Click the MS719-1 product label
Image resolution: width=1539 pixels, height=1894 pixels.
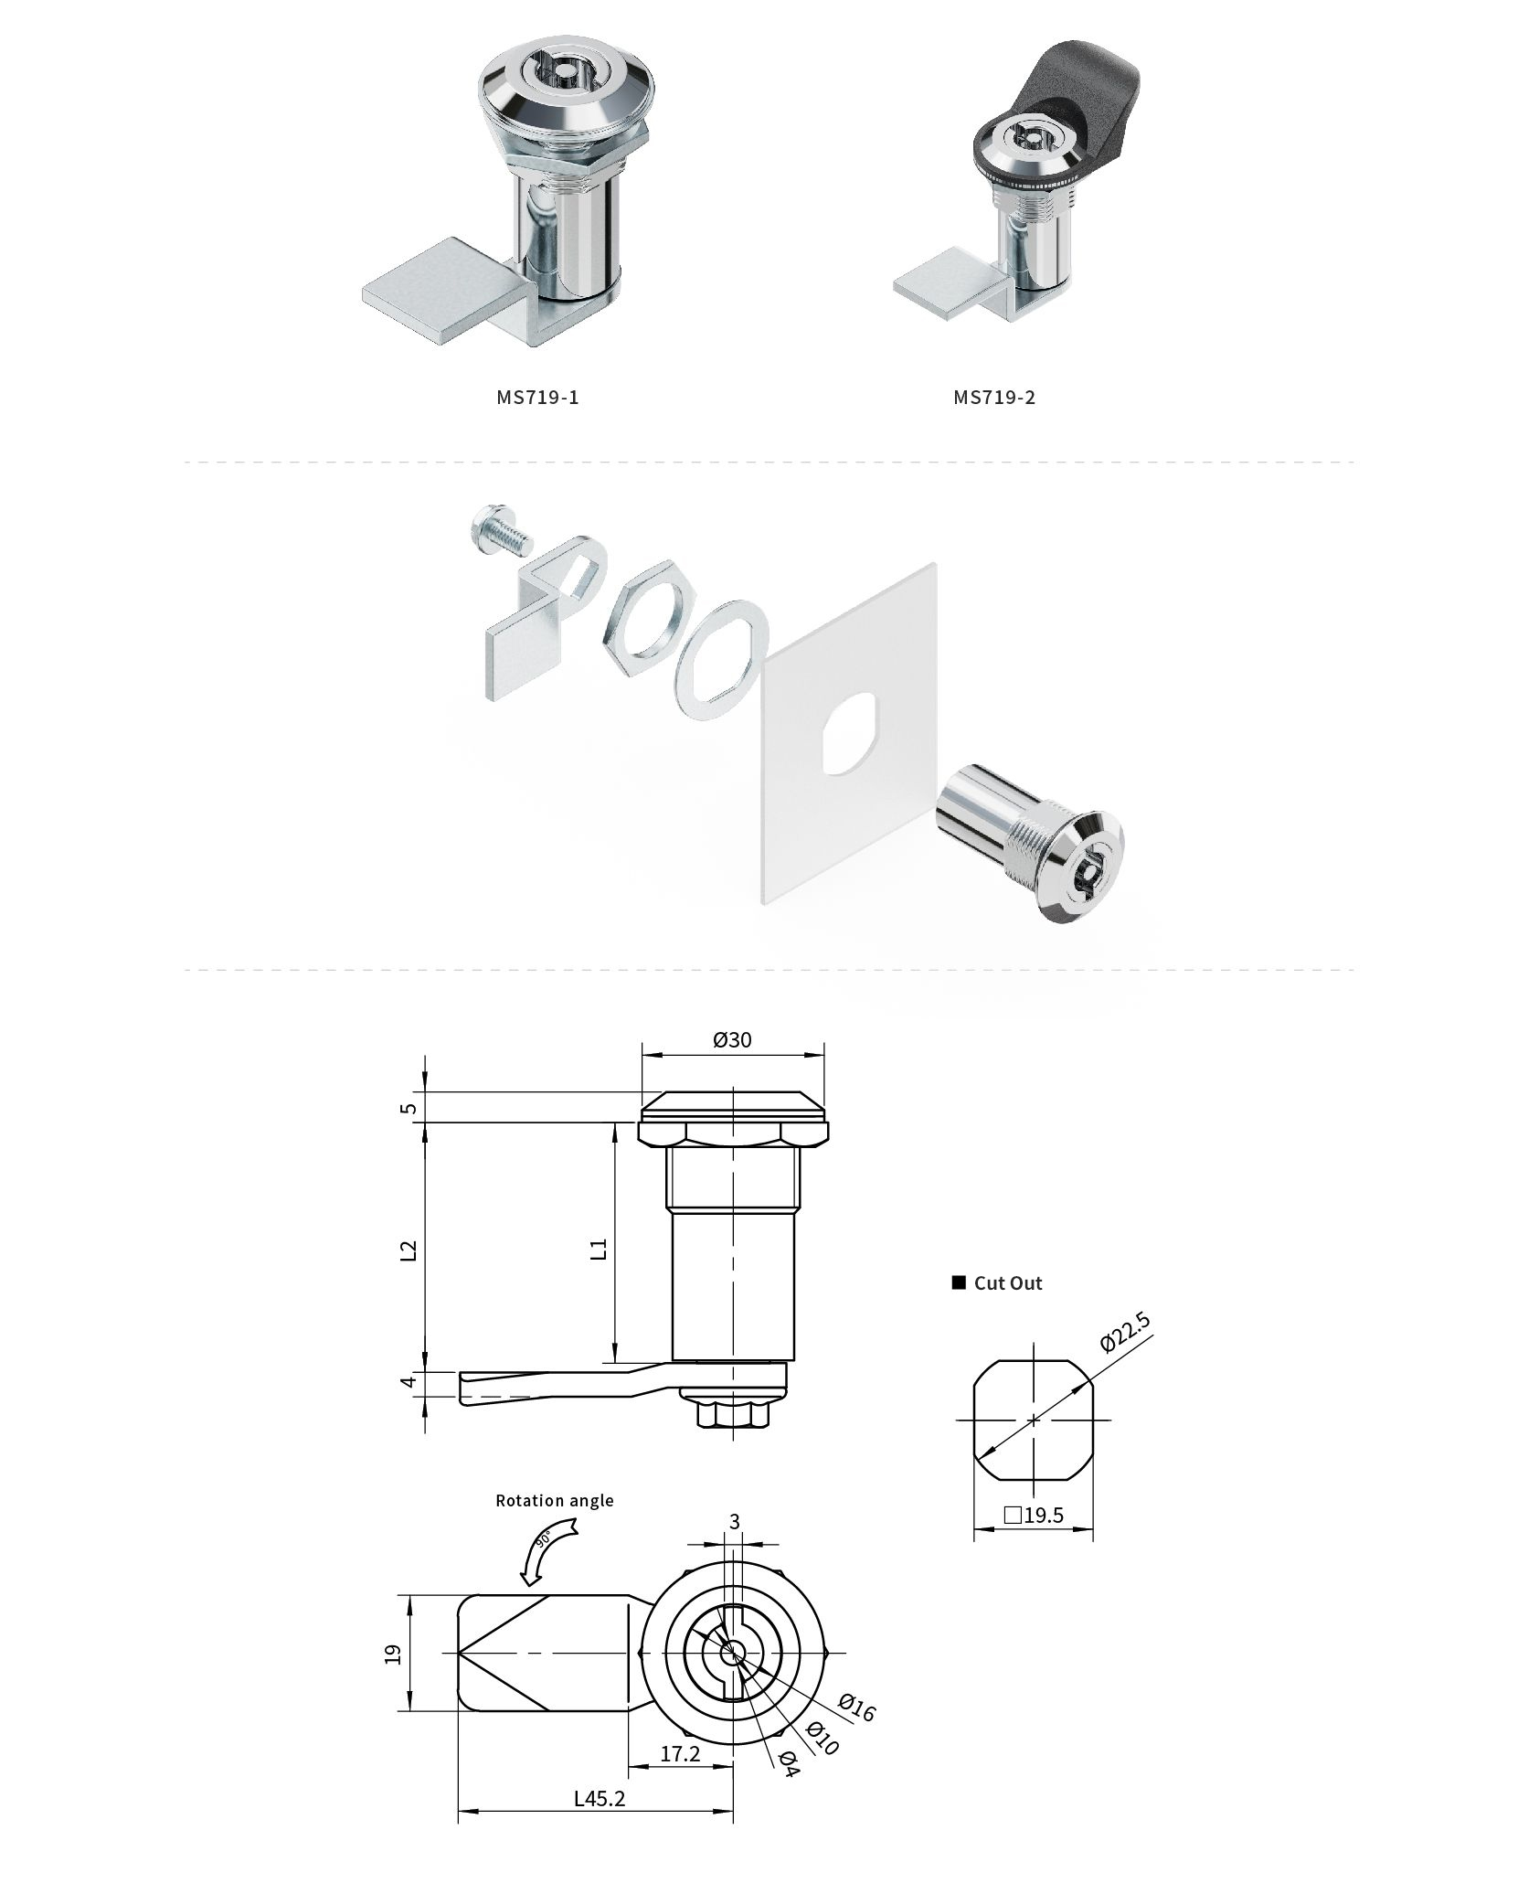pos(537,397)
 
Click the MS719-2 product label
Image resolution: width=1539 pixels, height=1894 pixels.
pos(994,397)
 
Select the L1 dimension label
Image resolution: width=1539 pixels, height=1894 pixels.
pos(600,1250)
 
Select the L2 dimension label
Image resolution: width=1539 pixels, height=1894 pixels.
pos(409,1250)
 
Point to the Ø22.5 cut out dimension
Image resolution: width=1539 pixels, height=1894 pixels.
pos(1125,1331)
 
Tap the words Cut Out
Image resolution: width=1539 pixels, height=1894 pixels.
pos(1008,1283)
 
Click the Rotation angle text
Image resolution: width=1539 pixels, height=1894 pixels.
pos(555,1500)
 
